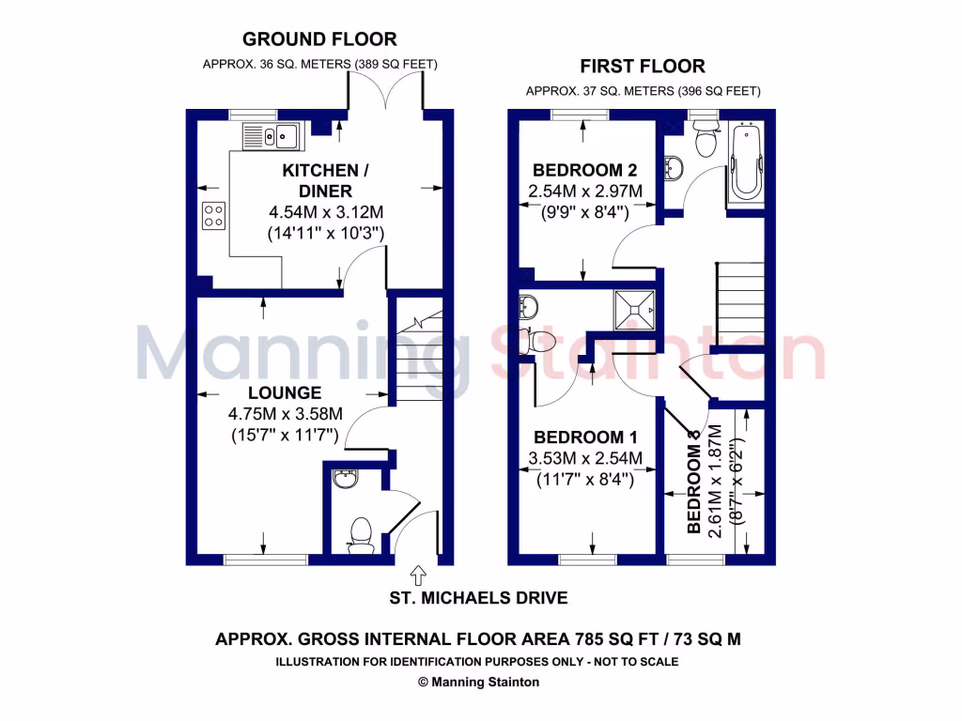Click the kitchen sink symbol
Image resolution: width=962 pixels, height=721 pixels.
[x=270, y=137]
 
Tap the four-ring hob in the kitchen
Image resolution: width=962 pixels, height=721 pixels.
[x=213, y=216]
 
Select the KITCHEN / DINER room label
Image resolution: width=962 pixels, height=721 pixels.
[x=320, y=180]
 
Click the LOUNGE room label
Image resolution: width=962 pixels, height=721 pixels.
[x=285, y=392]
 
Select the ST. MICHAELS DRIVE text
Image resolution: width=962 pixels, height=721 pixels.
[x=478, y=598]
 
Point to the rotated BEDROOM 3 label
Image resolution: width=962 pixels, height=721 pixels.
[x=695, y=482]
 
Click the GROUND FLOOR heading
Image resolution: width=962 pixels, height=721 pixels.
[x=319, y=39]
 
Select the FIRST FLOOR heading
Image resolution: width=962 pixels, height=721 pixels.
[x=643, y=67]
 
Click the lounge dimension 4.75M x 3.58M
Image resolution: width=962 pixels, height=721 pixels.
[x=285, y=414]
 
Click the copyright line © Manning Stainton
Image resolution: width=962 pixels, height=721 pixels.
[x=478, y=683]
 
